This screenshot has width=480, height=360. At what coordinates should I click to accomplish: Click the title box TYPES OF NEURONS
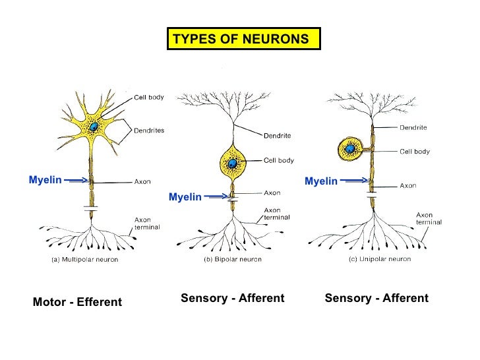pyautogui.click(x=241, y=39)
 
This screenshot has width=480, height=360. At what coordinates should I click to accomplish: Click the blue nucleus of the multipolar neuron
pyautogui.click(x=95, y=127)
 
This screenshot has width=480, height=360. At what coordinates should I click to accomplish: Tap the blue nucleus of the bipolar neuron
pyautogui.click(x=232, y=163)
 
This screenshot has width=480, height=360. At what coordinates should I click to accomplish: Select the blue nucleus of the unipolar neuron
pyautogui.click(x=350, y=149)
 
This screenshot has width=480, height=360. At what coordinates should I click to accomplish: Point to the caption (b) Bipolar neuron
pyautogui.click(x=231, y=259)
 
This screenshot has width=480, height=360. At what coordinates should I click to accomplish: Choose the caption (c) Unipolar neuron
pyautogui.click(x=379, y=259)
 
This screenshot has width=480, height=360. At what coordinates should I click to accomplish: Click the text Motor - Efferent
pyautogui.click(x=77, y=302)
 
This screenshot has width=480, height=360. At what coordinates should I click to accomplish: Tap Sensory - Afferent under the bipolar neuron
pyautogui.click(x=232, y=298)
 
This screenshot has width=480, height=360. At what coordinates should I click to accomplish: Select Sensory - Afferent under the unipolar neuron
pyautogui.click(x=376, y=298)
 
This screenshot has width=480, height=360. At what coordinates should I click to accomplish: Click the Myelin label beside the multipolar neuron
pyautogui.click(x=45, y=179)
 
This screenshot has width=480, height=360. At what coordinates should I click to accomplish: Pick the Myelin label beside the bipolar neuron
pyautogui.click(x=185, y=196)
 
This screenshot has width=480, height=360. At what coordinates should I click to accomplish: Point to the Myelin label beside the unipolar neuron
pyautogui.click(x=321, y=181)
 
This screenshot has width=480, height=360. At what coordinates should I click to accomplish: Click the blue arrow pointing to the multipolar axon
pyautogui.click(x=78, y=179)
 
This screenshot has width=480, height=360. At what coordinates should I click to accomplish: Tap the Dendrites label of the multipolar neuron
pyautogui.click(x=149, y=131)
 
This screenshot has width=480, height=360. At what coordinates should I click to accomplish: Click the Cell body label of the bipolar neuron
pyautogui.click(x=279, y=160)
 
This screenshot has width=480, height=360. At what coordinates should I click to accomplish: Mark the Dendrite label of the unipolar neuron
pyautogui.click(x=413, y=127)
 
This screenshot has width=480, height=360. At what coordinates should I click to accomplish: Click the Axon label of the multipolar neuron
pyautogui.click(x=142, y=182)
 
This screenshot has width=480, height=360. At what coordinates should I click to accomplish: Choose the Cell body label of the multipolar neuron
pyautogui.click(x=149, y=97)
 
